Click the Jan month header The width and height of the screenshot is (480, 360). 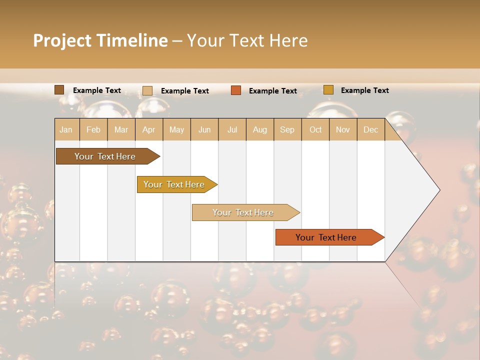tap(66, 129)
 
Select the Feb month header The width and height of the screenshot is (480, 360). tap(93, 129)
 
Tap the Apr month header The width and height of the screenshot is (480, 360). tap(149, 129)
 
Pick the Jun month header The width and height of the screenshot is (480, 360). tap(204, 129)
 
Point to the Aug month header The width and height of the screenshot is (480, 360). tap(260, 129)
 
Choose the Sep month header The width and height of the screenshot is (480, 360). tap(287, 129)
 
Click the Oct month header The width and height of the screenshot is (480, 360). tap(315, 129)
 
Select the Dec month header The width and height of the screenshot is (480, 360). tap(371, 129)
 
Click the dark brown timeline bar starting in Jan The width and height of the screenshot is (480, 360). tap(105, 156)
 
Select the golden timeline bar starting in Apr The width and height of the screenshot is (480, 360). tap(174, 184)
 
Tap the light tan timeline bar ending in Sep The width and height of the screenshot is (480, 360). tap(243, 212)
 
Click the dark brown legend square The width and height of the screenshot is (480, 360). tap(59, 90)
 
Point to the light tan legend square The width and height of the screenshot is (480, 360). tap(147, 90)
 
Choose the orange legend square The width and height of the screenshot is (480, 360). tap(236, 90)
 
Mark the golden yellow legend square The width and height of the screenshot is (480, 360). tap(328, 90)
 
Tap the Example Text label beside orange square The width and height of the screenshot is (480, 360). tap(273, 91)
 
